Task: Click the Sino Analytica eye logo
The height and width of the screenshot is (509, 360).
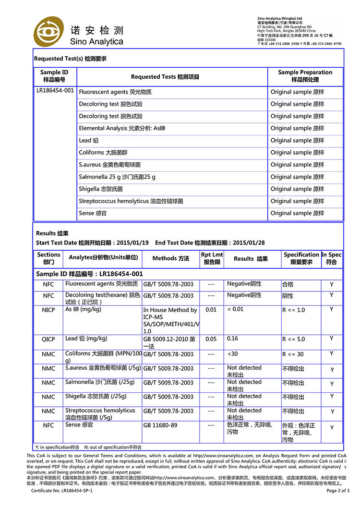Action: [x=48, y=32]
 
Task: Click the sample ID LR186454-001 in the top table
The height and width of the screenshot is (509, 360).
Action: [x=55, y=90]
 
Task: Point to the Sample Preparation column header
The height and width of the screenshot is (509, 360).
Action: [x=305, y=76]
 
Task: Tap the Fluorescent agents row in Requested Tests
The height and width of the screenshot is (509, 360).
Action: [x=115, y=92]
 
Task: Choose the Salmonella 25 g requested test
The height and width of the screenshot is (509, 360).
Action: [x=117, y=177]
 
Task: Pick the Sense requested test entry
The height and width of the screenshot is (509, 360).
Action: [x=93, y=213]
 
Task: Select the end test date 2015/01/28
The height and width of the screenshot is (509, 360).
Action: [x=250, y=243]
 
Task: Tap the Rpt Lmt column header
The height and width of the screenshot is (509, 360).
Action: [x=212, y=258]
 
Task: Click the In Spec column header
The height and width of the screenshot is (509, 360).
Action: [x=332, y=258]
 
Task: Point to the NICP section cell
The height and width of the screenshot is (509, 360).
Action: [x=48, y=310]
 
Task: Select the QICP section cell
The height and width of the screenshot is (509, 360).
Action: [x=48, y=339]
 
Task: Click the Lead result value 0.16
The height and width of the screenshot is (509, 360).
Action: [x=233, y=339]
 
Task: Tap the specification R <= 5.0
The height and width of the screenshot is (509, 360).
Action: [x=293, y=339]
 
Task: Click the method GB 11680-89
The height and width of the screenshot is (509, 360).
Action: [x=160, y=425]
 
